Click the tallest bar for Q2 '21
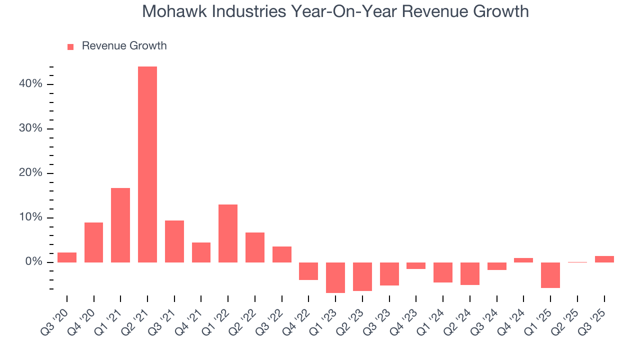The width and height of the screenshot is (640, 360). [147, 164]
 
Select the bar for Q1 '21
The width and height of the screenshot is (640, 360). [120, 225]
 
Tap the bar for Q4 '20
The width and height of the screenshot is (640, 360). [93, 242]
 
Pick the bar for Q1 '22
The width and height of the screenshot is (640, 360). [228, 233]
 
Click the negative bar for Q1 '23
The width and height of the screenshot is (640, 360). [335, 277]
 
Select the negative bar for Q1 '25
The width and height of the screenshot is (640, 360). [550, 275]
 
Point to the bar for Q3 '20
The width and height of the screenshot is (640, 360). [67, 257]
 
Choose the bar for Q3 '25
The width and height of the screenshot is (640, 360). [604, 259]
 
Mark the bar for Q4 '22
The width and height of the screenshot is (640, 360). [308, 271]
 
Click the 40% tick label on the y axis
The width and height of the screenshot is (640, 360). [30, 84]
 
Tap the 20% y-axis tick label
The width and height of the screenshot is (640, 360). [30, 173]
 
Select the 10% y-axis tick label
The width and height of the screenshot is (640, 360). [30, 218]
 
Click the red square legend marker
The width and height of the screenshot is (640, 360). [70, 46]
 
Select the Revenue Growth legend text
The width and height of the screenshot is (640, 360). [124, 46]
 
